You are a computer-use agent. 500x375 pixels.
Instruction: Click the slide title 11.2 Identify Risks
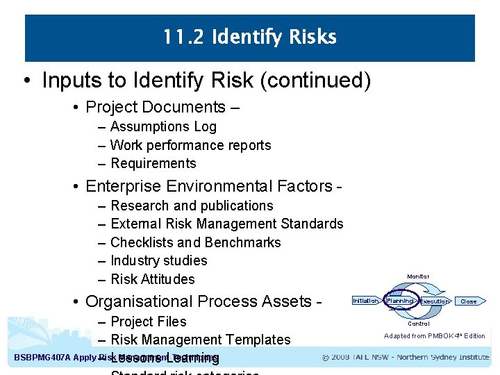tap(249, 37)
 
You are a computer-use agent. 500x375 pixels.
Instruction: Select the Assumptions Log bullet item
tap(163, 127)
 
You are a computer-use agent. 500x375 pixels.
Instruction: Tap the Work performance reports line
tap(190, 145)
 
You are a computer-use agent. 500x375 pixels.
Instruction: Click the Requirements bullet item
tap(153, 164)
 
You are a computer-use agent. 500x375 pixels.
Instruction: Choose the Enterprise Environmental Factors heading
tap(208, 186)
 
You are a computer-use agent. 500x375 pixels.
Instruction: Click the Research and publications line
tap(192, 206)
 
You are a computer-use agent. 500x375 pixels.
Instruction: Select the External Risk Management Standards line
tap(226, 224)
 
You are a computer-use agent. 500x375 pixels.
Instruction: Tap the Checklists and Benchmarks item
tap(195, 242)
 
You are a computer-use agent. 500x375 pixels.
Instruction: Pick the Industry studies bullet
tap(158, 260)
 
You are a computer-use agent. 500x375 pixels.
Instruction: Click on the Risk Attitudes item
tap(152, 279)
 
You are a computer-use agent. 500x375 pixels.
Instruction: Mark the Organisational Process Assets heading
tap(198, 301)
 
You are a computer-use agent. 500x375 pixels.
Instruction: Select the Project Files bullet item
tap(148, 322)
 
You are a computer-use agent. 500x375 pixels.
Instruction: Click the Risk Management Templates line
tap(200, 340)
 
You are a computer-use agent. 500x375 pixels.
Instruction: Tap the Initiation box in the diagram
tap(365, 301)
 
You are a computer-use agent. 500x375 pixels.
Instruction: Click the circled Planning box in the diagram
tap(400, 301)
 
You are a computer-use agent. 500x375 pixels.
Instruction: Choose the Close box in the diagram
tap(469, 301)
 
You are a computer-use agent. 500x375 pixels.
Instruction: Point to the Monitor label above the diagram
tap(418, 276)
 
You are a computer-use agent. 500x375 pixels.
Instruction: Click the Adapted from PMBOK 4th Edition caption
tap(434, 336)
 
